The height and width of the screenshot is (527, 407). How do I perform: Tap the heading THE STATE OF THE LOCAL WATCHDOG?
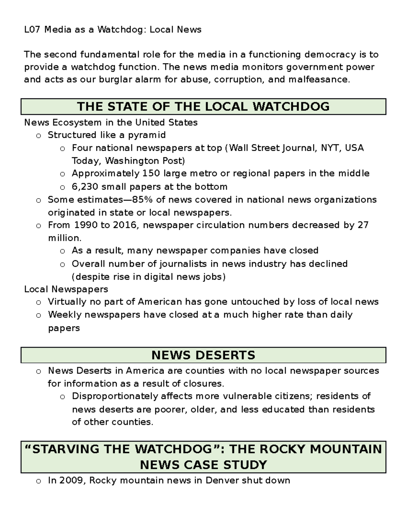(203, 107)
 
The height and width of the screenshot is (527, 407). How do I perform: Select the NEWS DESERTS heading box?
(203, 355)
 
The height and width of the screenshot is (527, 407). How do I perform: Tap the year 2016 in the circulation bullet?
(123, 225)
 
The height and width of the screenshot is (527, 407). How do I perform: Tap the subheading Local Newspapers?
(66, 289)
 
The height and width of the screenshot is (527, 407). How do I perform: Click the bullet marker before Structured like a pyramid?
(39, 136)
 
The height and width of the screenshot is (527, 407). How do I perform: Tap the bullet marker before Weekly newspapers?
(39, 315)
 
